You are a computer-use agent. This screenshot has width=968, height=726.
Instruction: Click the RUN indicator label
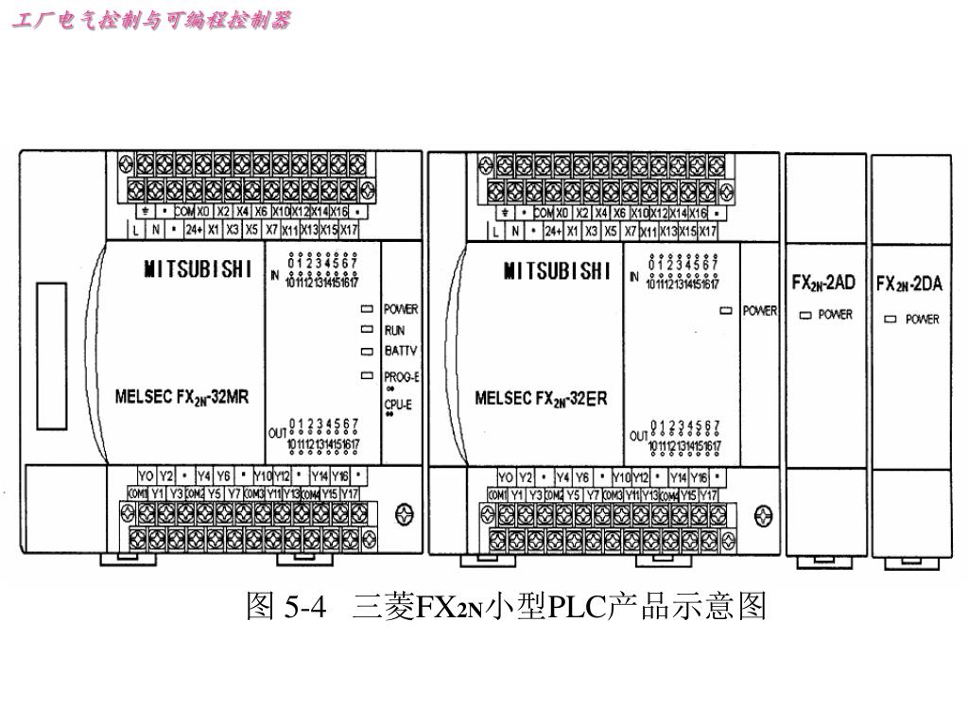394,331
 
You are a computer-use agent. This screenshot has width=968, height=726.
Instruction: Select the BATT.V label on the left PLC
401,351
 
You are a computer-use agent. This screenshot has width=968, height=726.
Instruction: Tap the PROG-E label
402,376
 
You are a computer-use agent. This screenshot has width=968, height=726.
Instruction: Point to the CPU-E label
398,404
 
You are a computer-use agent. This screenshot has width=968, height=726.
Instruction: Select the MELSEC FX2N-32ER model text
541,398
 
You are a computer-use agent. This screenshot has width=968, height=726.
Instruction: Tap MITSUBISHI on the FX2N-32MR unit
198,270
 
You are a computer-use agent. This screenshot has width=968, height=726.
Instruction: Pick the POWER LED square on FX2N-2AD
805,315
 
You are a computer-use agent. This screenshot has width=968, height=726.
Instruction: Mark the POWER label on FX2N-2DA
923,320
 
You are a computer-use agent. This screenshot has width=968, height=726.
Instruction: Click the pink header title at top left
151,20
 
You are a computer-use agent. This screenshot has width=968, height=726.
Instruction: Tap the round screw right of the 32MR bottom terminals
405,515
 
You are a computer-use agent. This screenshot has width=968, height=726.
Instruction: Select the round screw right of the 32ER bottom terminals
763,515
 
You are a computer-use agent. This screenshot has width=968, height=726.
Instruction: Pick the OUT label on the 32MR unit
277,433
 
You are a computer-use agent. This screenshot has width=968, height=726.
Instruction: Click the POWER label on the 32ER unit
759,310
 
